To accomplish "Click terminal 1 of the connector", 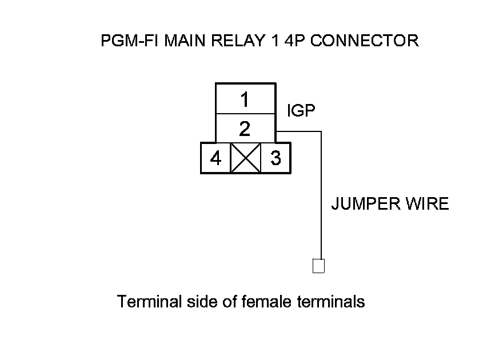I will coord(245,99).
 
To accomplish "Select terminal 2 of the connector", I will coord(245,128).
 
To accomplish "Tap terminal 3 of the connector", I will coord(276,158).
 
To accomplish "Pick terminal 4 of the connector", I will coord(215,158).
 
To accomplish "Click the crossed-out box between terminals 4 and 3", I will coord(245,158).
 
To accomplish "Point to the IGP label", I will coord(301,111).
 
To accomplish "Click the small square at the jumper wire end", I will coord(318,266).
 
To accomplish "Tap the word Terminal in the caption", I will coord(149,301).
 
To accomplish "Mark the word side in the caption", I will coord(201,301).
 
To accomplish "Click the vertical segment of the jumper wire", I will coord(321,194).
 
